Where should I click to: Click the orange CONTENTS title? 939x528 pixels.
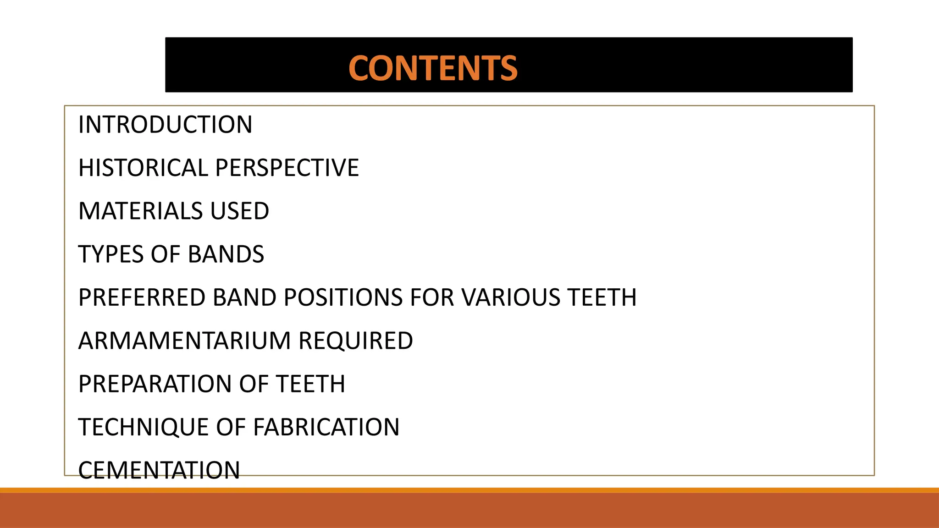tap(433, 68)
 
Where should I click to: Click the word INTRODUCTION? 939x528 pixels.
tap(165, 125)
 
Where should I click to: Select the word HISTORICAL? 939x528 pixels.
tap(143, 168)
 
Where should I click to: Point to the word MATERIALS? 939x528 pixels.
tap(140, 211)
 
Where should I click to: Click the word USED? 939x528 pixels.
tap(239, 211)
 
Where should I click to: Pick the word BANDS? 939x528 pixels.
tap(226, 254)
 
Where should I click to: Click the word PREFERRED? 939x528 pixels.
tap(142, 297)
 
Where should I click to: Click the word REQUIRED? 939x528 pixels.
tap(356, 341)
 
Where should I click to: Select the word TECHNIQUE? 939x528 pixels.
tap(143, 427)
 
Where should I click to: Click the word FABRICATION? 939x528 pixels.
tap(326, 427)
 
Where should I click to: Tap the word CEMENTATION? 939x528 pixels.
tap(159, 470)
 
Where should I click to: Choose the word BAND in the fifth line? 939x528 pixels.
tap(244, 297)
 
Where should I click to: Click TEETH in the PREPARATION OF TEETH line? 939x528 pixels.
tap(310, 384)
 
